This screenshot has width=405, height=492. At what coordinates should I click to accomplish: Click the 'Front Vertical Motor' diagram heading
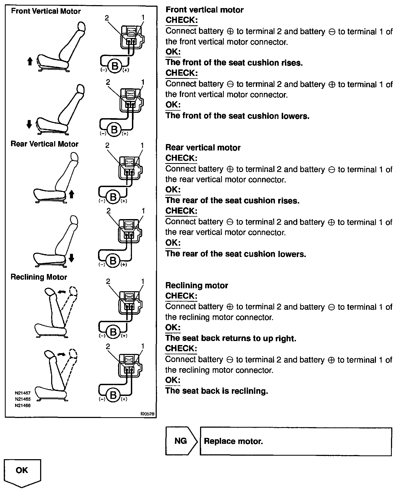(46, 11)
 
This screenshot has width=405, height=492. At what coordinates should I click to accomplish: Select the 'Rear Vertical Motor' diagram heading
(44, 144)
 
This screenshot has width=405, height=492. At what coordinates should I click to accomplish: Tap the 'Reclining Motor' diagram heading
(39, 277)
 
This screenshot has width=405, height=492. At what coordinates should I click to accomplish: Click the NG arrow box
(181, 441)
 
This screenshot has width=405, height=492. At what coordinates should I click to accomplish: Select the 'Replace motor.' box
(295, 441)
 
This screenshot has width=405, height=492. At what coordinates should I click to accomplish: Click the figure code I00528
(147, 414)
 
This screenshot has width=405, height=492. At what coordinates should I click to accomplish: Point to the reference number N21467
(23, 393)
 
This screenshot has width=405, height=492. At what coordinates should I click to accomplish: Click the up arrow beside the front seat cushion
(30, 62)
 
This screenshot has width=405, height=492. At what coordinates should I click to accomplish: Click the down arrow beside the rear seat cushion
(71, 258)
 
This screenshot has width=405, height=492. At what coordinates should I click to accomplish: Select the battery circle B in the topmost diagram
(115, 66)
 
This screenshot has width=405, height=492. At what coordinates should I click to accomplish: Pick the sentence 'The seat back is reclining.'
(217, 391)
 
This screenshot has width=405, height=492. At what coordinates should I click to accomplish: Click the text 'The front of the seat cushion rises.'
(234, 62)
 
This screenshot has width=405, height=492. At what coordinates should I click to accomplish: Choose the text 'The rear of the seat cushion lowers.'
(236, 254)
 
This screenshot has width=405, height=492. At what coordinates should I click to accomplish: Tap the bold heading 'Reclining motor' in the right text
(197, 285)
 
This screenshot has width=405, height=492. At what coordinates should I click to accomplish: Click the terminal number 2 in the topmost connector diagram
(107, 18)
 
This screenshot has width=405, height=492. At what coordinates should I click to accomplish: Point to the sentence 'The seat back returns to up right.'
(231, 338)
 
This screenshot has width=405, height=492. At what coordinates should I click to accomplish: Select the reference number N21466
(23, 406)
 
